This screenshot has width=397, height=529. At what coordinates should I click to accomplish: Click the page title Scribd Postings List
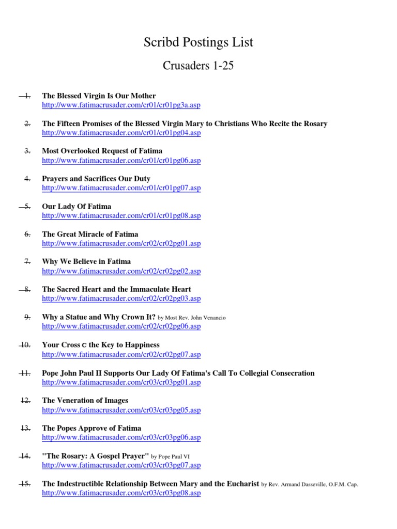198,42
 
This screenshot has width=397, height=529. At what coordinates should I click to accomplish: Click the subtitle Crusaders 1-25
198,66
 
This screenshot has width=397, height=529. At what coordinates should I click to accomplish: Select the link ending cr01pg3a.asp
121,105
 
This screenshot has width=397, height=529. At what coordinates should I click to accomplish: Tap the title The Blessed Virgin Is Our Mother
99,96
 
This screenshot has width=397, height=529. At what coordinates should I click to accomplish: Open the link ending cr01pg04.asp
121,133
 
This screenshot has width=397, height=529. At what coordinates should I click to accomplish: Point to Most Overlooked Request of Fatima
102,151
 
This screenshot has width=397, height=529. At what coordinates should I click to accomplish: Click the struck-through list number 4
27,179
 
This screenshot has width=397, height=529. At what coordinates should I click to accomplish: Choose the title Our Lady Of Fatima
77,206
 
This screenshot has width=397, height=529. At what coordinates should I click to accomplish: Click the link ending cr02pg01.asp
121,243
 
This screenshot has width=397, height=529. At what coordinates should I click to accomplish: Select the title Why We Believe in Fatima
86,261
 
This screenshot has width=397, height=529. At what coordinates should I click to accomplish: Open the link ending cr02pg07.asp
121,354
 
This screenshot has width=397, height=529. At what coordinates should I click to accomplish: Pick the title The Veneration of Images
85,400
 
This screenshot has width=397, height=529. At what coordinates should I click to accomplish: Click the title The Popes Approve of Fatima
91,428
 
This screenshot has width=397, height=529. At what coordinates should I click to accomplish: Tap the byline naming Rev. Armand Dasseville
310,485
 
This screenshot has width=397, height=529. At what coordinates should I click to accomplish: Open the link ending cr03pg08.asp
121,493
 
